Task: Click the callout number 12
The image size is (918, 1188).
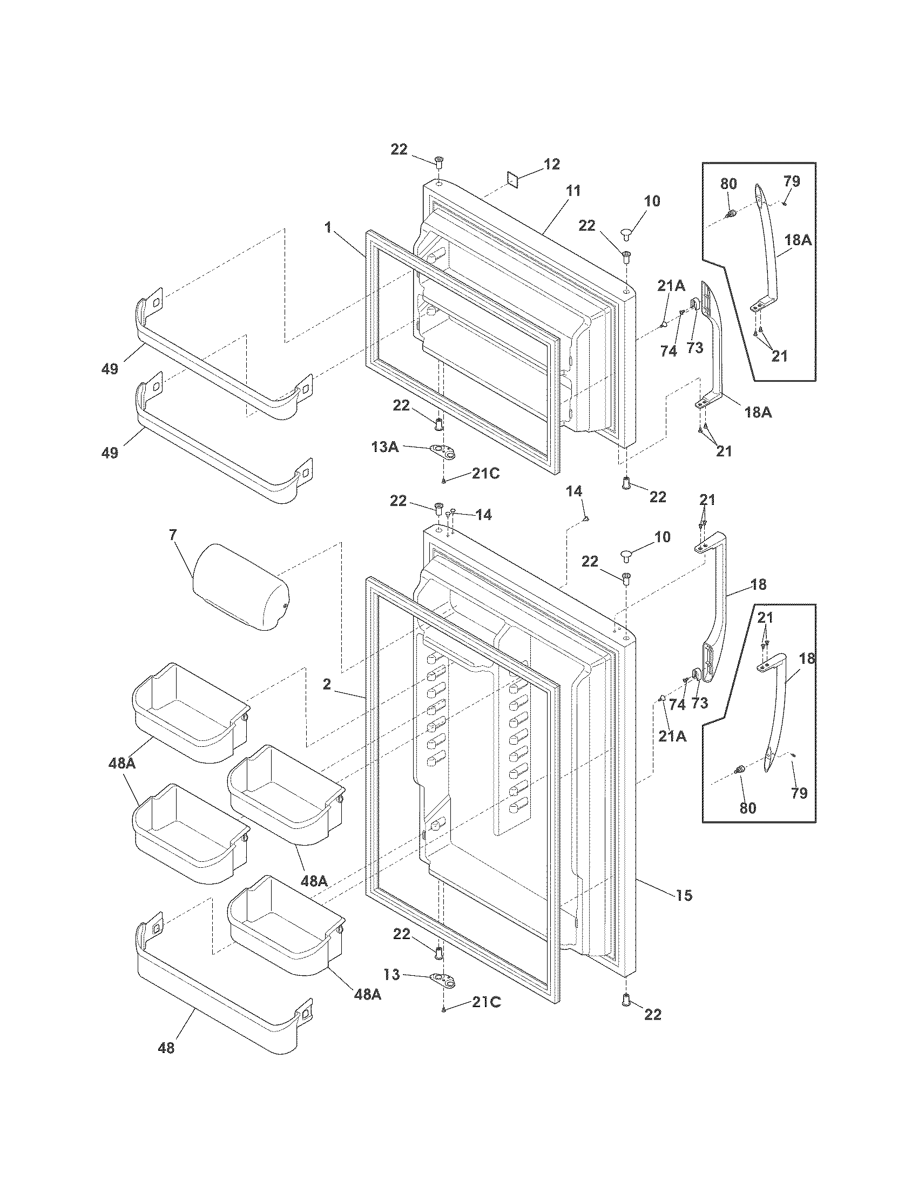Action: point(551,164)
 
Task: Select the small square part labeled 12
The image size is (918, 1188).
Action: point(513,179)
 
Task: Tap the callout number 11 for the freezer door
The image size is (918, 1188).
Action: point(572,191)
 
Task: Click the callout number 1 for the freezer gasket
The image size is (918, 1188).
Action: point(328,227)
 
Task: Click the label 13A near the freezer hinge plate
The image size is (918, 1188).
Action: point(385,447)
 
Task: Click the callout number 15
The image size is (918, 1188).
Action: point(684,895)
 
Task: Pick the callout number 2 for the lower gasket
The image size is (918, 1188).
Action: point(326,684)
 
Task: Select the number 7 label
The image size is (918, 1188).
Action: point(173,535)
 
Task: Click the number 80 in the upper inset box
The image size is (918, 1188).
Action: point(729,184)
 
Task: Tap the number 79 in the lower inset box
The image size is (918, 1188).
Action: point(799,793)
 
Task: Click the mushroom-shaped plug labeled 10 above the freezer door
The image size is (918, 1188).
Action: point(625,235)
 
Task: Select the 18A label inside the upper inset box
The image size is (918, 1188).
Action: point(798,240)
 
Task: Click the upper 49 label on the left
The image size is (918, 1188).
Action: point(110,369)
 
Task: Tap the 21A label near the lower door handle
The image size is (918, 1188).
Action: point(673,737)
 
